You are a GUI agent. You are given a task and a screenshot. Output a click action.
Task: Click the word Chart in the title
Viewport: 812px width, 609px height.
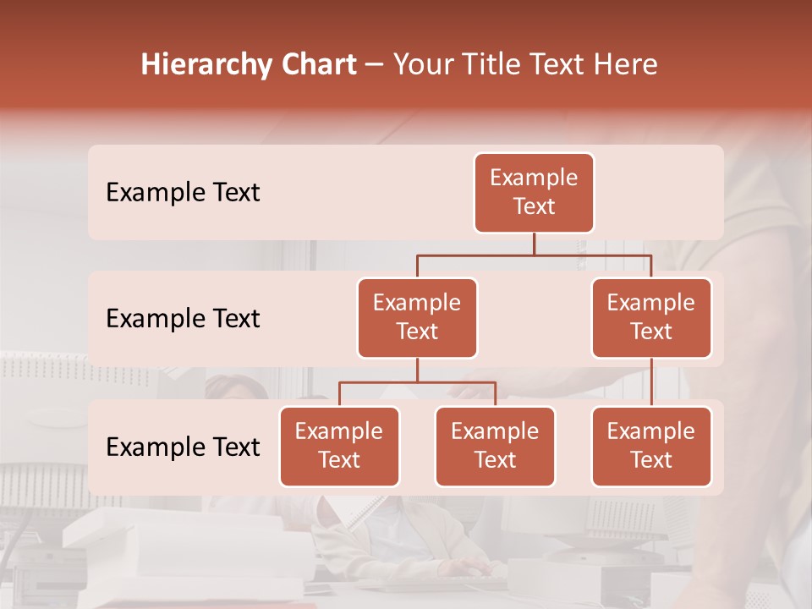click(x=315, y=64)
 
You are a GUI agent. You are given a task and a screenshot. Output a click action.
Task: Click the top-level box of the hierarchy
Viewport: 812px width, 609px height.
click(x=534, y=193)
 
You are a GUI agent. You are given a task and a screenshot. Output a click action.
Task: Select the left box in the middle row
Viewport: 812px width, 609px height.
click(x=417, y=318)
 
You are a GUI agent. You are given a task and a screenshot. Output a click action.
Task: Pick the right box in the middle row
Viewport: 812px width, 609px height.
click(x=651, y=318)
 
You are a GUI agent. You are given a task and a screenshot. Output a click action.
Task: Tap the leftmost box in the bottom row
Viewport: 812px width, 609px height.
click(x=339, y=447)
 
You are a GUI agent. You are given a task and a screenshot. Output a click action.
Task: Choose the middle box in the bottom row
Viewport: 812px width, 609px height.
click(x=495, y=447)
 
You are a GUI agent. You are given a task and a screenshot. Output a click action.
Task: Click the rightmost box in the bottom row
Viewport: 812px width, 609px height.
click(x=651, y=447)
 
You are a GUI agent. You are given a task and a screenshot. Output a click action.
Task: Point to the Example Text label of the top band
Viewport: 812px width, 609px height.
click(x=183, y=193)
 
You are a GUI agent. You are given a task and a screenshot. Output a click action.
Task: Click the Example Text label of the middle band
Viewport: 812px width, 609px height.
click(x=183, y=319)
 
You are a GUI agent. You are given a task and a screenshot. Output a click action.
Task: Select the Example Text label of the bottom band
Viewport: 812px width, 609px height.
click(x=183, y=447)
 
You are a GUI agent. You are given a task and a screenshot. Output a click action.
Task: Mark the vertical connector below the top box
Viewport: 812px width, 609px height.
click(x=534, y=244)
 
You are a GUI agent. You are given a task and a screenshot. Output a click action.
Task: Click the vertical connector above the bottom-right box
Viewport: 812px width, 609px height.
click(x=651, y=382)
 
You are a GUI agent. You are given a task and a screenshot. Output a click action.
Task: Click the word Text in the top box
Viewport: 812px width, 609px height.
click(x=534, y=207)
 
